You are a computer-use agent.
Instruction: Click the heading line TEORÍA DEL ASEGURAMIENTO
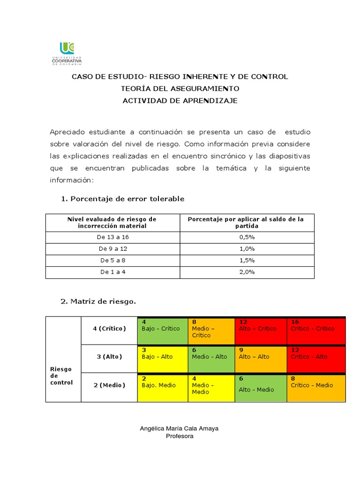tap(180, 89)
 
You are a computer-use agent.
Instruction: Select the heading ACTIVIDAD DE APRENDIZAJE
tap(180, 101)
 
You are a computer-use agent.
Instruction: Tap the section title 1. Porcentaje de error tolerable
tap(122, 199)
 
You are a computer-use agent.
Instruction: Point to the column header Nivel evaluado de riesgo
tap(112, 222)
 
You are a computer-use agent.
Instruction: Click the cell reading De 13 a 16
tap(112, 237)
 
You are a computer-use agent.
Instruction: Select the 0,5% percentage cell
tap(247, 237)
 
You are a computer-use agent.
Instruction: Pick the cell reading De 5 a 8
tap(112, 260)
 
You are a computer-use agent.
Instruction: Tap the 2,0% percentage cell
tap(247, 271)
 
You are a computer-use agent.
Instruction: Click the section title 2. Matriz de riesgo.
tap(98, 301)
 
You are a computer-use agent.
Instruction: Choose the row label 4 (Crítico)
tap(109, 329)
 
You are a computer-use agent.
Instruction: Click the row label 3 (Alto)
tap(109, 357)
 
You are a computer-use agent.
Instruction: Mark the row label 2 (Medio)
tap(109, 385)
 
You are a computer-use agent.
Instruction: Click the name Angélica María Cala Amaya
tap(180, 428)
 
